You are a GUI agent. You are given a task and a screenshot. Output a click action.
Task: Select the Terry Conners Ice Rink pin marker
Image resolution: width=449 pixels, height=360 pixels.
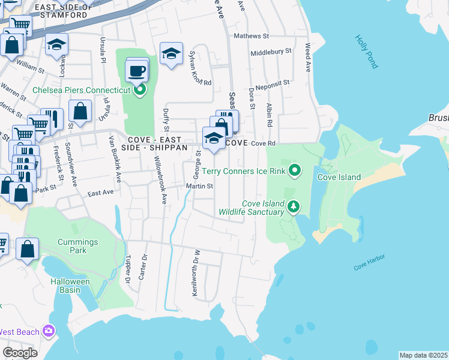click(294, 172)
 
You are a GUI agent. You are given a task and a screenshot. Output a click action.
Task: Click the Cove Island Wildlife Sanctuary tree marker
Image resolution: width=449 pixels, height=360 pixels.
click(294, 208)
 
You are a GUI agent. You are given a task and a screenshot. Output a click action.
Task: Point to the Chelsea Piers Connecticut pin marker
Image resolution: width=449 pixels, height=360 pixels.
click(140, 90)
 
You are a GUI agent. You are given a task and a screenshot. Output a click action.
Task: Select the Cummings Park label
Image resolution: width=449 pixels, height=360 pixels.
click(77, 247)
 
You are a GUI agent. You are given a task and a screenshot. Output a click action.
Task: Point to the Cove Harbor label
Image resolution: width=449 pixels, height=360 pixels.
click(369, 262)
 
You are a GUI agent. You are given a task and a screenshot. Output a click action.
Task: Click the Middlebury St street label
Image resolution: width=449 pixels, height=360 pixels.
click(271, 52)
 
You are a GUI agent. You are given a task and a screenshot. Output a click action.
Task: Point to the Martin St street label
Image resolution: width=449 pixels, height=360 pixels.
click(199, 187)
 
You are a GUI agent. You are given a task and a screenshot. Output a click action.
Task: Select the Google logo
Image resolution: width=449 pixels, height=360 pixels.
click(20, 353)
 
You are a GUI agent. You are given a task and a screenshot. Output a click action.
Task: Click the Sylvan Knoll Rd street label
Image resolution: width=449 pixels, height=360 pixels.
click(200, 68)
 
